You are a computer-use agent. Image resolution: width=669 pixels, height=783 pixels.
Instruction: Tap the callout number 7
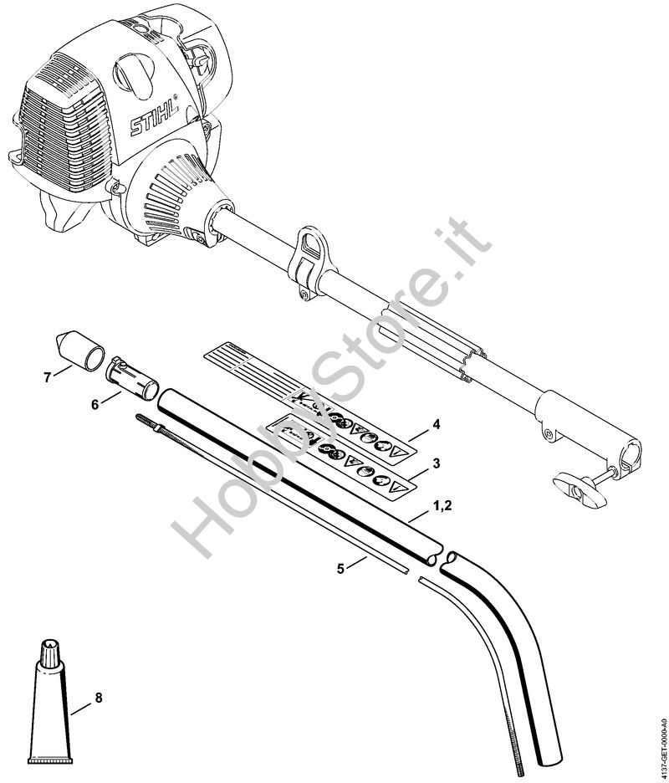47,377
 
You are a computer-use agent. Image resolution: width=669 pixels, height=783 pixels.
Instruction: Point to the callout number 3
436,463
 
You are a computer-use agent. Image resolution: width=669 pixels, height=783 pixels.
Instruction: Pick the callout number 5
340,569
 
